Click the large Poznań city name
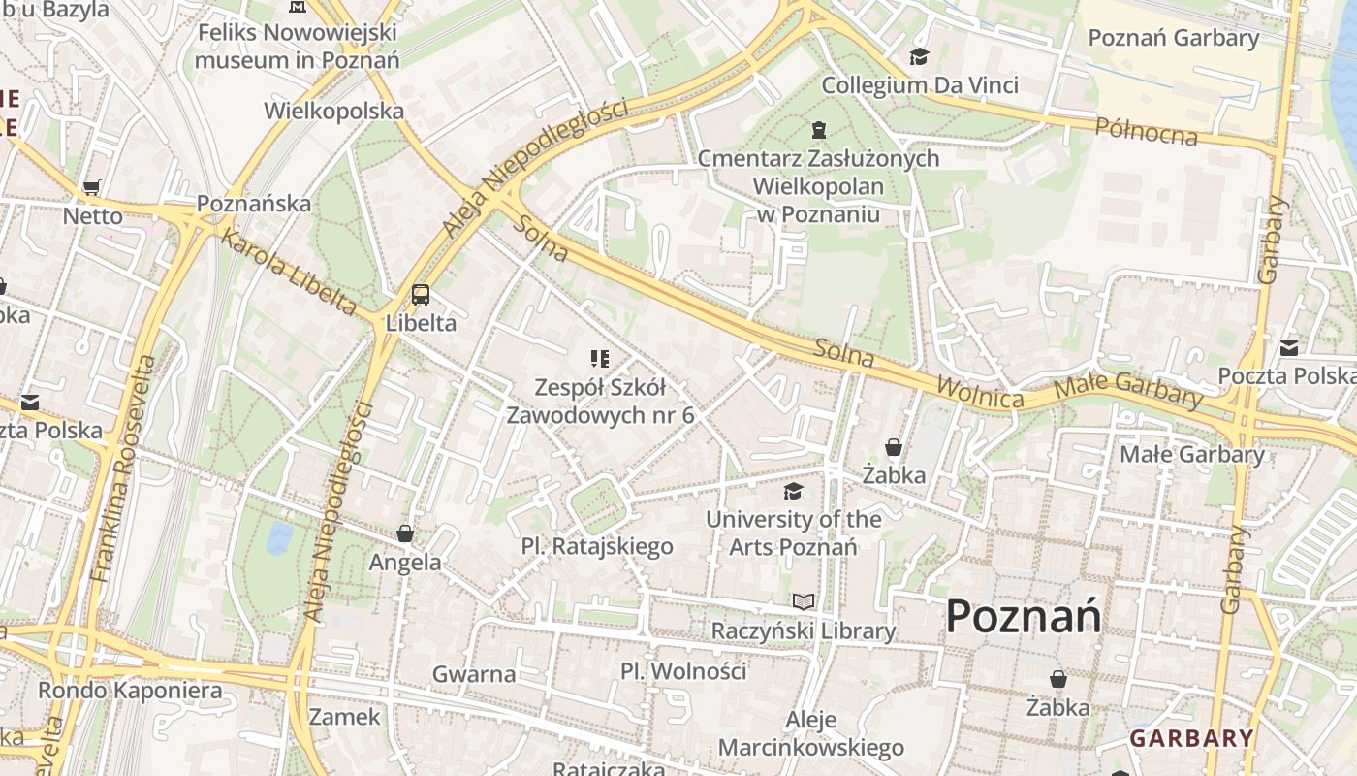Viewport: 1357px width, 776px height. coord(1023,616)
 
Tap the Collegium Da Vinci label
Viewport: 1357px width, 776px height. coord(920,85)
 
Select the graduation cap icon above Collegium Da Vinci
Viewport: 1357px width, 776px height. coord(919,57)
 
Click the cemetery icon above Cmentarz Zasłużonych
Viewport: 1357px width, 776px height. coord(819,130)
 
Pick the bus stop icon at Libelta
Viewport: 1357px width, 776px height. coord(421,295)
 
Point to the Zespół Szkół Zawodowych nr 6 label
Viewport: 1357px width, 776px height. coord(601,402)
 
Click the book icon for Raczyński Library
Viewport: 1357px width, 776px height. coord(804,602)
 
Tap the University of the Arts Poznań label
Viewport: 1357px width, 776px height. coord(794,533)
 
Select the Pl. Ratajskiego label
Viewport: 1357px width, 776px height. coord(597,546)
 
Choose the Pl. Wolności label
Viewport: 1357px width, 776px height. coord(683,670)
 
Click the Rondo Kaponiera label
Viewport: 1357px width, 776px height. coord(130,691)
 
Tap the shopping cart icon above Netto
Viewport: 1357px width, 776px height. coord(92,188)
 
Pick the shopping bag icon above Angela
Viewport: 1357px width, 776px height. coord(405,533)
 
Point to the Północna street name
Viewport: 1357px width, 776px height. coord(1147,131)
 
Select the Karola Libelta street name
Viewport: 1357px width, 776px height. coord(289,273)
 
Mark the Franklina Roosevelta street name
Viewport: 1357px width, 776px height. coord(123,469)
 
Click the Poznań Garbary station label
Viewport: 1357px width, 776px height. coord(1174,38)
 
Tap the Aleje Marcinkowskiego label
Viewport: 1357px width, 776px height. coord(810,734)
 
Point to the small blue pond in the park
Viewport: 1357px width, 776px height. coord(279,537)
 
